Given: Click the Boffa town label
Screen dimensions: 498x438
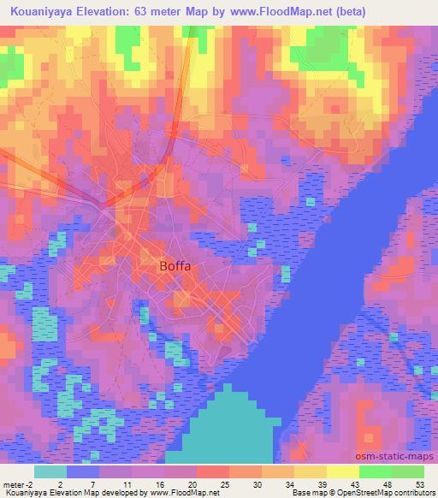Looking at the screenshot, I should pos(175,266).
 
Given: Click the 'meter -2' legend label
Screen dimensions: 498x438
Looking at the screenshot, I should pos(18,483).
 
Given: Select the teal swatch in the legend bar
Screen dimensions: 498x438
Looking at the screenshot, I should pos(50,471).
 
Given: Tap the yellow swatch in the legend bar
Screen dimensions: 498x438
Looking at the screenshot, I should pos(343,471).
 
